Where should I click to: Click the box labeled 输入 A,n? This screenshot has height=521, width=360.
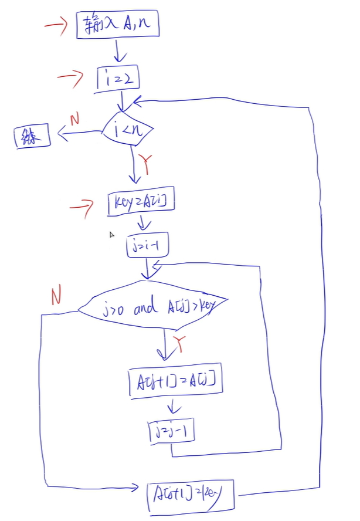[x=118, y=25]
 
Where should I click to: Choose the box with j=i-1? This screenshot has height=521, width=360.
[x=147, y=246]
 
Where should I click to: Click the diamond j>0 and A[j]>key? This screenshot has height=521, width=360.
[x=152, y=307]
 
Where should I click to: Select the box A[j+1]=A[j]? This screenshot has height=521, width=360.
[x=176, y=384]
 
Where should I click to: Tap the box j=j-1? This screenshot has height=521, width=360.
[x=171, y=431]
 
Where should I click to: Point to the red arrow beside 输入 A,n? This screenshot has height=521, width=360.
[x=57, y=26]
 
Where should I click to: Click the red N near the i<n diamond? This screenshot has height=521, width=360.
[x=74, y=120]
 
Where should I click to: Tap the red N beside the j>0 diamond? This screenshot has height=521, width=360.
[x=56, y=297]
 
